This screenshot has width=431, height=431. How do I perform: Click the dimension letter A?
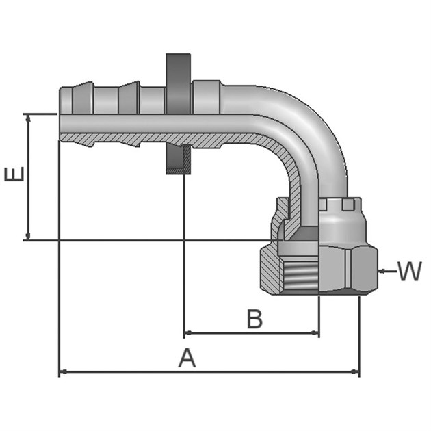coord(187,357)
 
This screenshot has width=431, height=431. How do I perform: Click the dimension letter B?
coord(254,318)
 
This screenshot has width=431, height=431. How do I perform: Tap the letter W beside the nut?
coord(410,272)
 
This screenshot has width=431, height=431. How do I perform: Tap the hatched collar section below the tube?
coord(177,161)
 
